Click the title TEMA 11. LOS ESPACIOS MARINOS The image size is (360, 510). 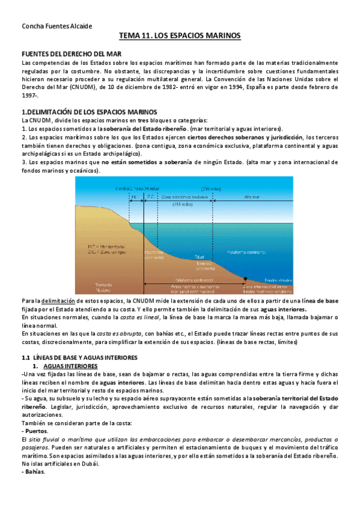180,37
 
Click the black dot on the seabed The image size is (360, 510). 245,280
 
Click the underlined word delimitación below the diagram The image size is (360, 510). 59,301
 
